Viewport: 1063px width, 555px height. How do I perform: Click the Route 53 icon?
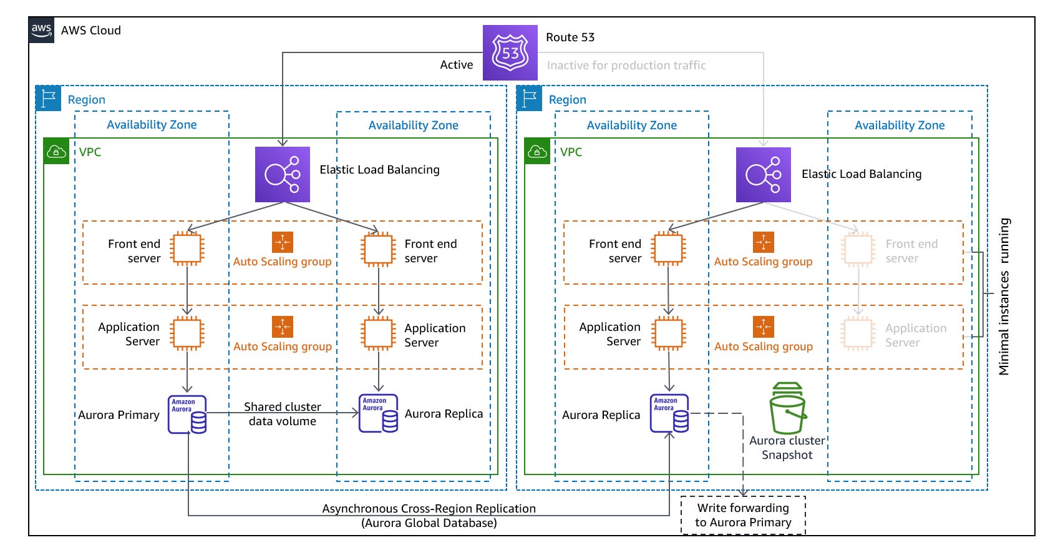510,52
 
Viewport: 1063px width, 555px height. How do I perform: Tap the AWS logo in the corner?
42,30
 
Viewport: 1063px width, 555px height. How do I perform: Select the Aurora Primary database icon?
187,414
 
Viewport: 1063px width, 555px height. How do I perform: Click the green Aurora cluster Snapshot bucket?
788,408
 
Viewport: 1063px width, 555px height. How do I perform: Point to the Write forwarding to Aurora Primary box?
743,515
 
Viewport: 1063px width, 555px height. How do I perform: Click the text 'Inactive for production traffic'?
626,65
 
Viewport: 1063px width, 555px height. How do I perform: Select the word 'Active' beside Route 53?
457,64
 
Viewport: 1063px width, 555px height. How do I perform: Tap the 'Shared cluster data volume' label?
283,414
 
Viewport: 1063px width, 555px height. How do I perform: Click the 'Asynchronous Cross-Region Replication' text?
429,508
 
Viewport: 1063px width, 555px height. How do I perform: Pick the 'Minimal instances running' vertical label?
1004,297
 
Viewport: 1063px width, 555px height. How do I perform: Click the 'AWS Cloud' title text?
91,30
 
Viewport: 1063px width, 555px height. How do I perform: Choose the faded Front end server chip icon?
858,249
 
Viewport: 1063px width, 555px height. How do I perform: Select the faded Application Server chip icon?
858,333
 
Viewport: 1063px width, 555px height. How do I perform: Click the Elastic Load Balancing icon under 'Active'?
283,174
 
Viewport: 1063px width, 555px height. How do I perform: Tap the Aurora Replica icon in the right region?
669,413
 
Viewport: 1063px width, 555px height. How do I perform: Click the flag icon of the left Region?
48,99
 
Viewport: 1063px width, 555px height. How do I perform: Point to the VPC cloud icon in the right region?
537,152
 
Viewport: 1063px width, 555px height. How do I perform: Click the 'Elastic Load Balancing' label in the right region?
861,174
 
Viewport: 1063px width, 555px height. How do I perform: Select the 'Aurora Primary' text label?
119,415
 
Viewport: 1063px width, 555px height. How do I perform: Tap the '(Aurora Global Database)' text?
429,523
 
